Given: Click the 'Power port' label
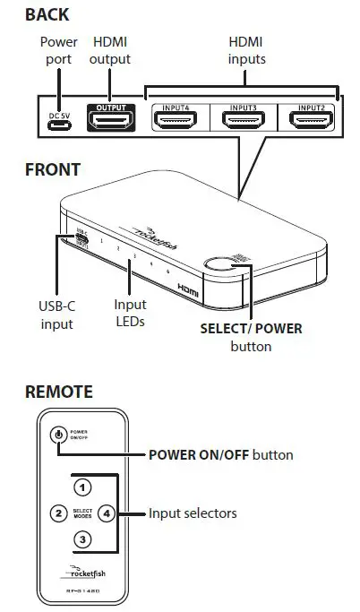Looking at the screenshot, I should click(59, 50).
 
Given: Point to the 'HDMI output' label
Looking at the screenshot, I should click(111, 50).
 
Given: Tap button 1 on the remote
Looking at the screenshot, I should click(82, 487).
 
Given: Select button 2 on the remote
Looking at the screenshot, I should click(57, 513).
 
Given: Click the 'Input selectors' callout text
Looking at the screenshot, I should click(193, 513).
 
